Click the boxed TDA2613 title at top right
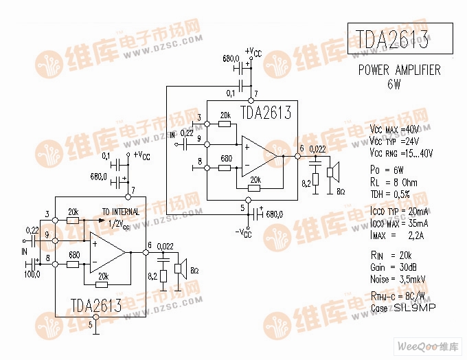click(x=398, y=40)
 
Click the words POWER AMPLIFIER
click(x=399, y=71)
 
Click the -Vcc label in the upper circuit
click(x=244, y=232)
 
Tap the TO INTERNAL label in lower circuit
click(x=121, y=212)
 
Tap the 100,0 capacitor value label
click(x=32, y=273)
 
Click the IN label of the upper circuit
click(x=172, y=135)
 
